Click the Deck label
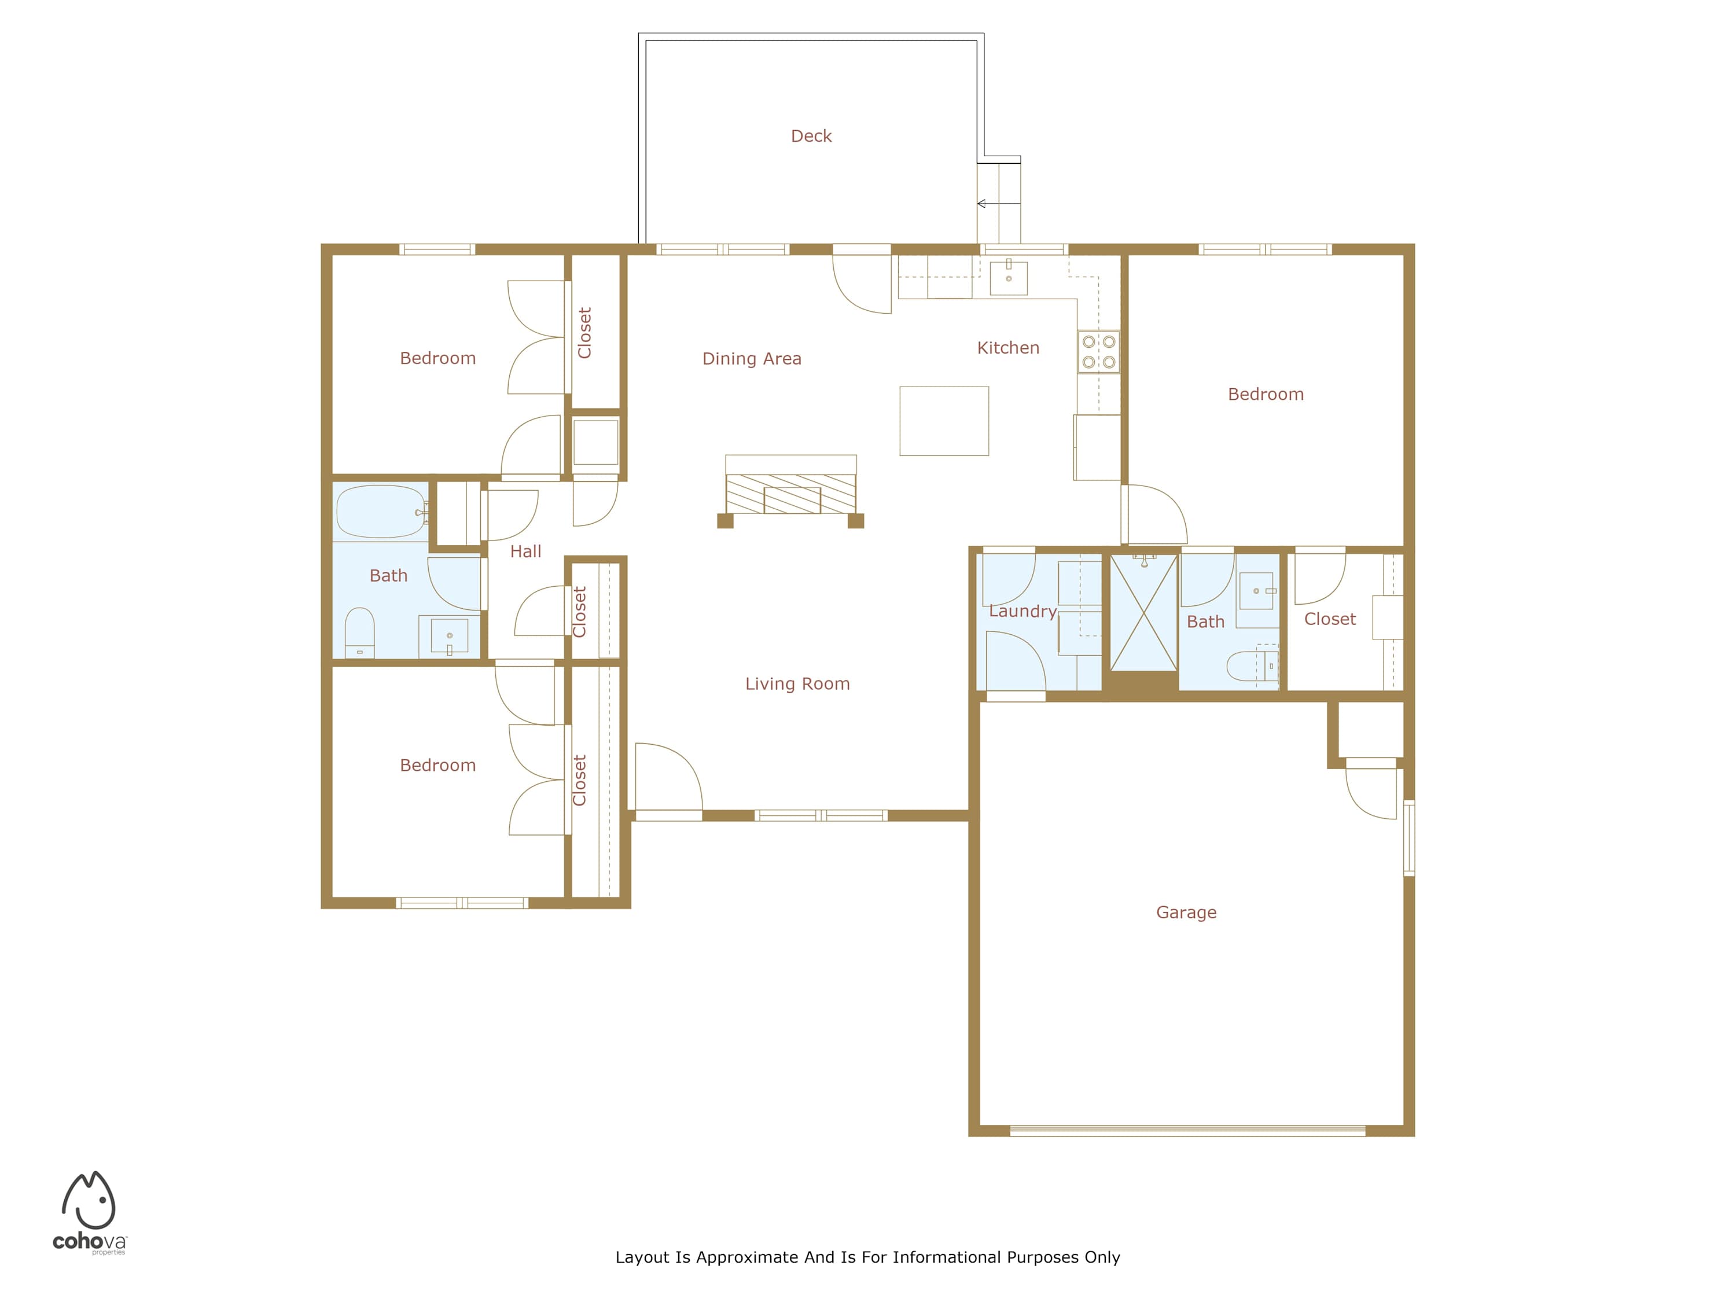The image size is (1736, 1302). [811, 136]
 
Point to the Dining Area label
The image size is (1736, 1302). [752, 359]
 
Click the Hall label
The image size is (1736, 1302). [526, 551]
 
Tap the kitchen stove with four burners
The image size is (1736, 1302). [1099, 352]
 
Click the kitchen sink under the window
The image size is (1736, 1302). [1009, 277]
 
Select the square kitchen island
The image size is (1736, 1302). [944, 421]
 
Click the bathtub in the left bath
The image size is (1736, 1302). [381, 511]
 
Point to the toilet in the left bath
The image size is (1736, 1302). [359, 632]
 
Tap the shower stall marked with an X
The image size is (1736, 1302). [1143, 613]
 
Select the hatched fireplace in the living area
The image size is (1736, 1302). [790, 494]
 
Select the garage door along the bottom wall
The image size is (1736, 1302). [1187, 1131]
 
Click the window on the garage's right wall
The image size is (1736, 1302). [1408, 837]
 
